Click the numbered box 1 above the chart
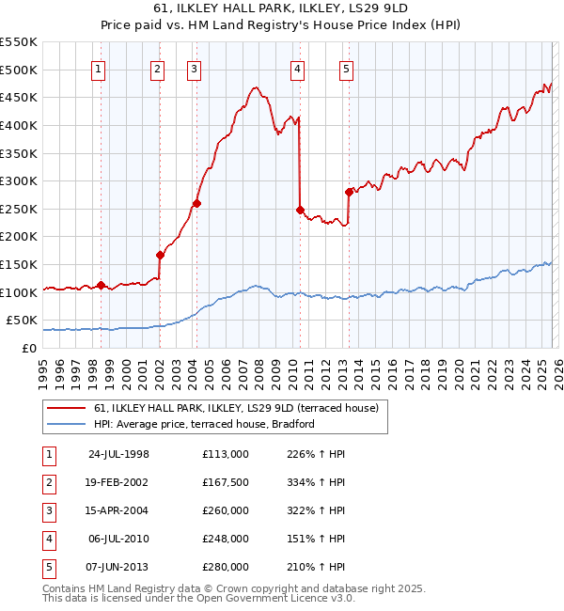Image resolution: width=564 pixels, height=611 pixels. (100, 68)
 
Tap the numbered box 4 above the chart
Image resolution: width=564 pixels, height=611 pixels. (297, 68)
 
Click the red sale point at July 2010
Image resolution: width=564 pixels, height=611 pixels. (300, 210)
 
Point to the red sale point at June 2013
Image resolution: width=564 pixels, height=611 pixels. (349, 192)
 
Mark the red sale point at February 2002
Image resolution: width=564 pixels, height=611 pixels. (160, 255)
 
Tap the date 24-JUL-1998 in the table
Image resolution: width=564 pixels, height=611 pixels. (118, 454)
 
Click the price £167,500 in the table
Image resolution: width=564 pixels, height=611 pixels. (225, 482)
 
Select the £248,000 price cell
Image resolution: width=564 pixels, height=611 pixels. (225, 539)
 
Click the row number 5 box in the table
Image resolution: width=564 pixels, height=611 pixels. (48, 567)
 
